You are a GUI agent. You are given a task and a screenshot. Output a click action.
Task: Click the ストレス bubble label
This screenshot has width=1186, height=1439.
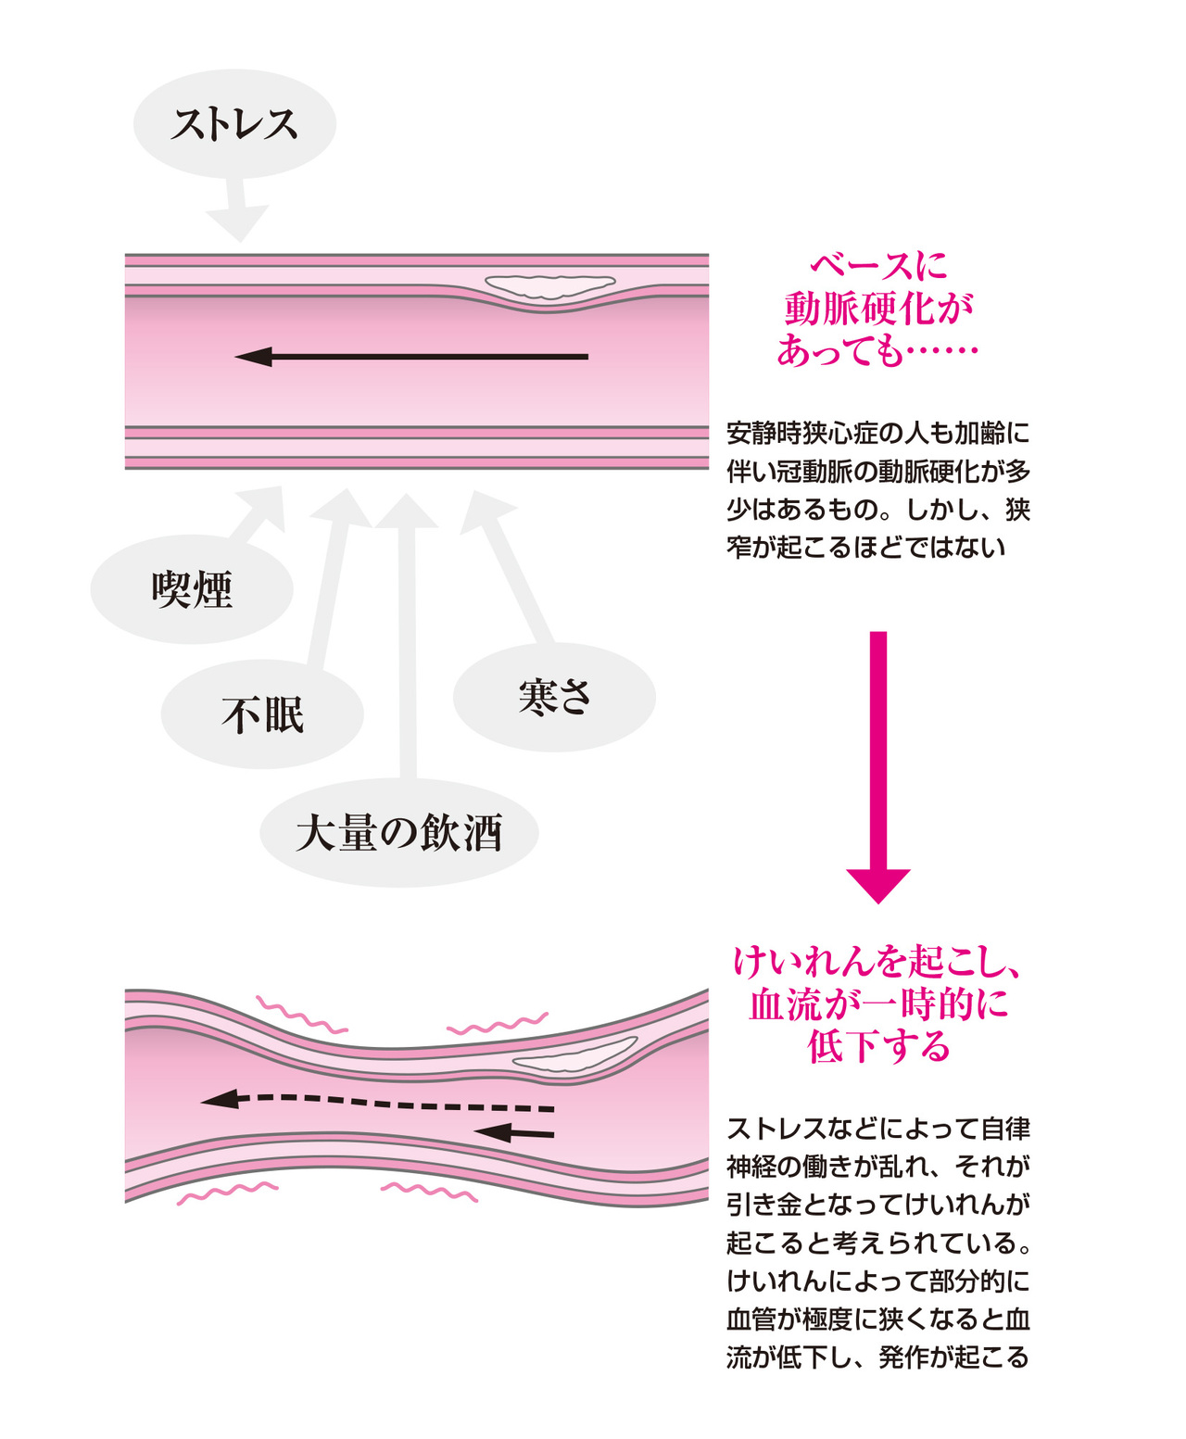(x=234, y=123)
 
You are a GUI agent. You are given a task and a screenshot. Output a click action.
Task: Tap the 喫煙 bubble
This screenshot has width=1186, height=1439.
(x=192, y=589)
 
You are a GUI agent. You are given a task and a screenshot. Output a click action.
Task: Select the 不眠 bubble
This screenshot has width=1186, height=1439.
(x=262, y=714)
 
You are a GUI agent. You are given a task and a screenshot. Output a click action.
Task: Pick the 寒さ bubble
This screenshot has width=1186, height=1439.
(x=554, y=697)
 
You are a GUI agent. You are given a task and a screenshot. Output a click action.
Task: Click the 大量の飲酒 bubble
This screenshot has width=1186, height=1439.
(x=398, y=832)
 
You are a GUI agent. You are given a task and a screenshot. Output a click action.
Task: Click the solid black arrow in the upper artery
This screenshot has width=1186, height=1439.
(x=411, y=356)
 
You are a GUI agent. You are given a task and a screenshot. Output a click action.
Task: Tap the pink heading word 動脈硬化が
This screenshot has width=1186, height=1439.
(x=878, y=309)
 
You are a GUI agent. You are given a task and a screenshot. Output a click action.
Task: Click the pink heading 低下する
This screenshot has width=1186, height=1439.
(x=878, y=1045)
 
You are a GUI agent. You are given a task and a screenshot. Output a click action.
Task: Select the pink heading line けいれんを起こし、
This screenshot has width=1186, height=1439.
(x=878, y=962)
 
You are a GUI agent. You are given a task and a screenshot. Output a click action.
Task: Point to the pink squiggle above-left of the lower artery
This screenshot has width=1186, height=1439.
(x=301, y=1015)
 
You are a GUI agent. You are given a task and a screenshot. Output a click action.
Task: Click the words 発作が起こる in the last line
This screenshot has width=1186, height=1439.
(x=953, y=1357)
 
